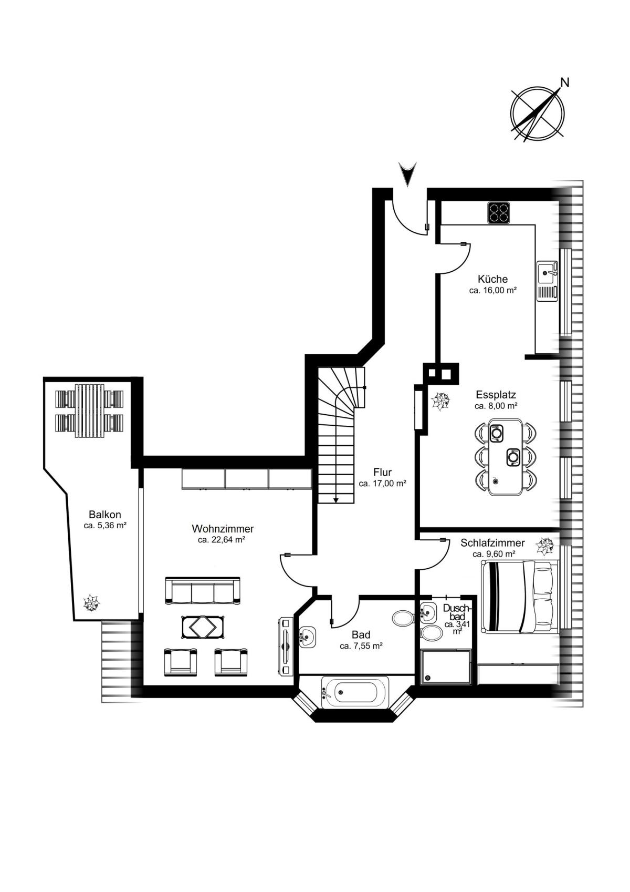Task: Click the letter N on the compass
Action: (564, 83)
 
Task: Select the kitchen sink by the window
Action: (548, 281)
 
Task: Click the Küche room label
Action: (492, 279)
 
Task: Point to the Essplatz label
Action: (496, 395)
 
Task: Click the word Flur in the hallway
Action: (383, 473)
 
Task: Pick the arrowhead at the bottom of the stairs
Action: (336, 500)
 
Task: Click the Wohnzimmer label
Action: (223, 529)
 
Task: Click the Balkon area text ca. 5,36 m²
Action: (105, 525)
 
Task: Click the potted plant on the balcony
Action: (91, 603)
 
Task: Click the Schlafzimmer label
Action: (493, 543)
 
